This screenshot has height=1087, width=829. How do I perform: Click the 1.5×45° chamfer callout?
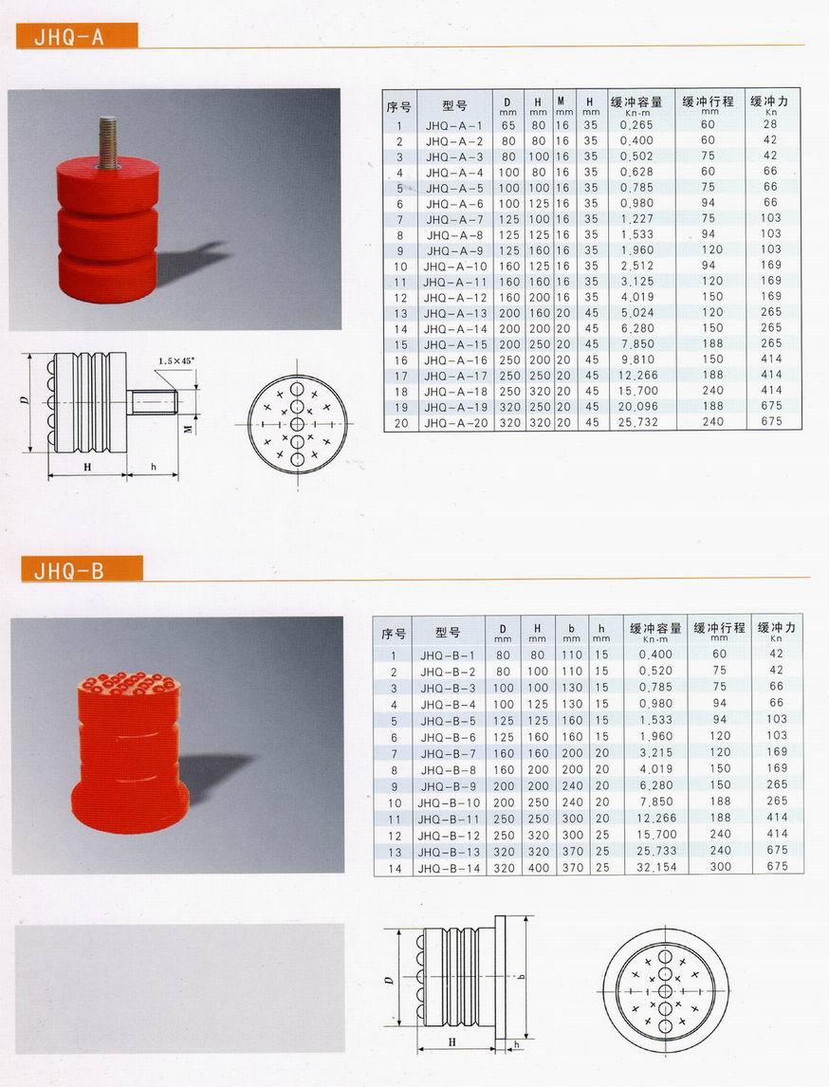(177, 361)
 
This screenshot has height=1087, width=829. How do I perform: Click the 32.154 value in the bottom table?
(654, 868)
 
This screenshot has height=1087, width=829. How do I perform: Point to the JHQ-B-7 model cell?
(448, 753)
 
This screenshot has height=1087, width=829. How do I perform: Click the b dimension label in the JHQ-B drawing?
(524, 977)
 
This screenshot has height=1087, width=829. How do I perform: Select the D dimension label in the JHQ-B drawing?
(391, 978)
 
